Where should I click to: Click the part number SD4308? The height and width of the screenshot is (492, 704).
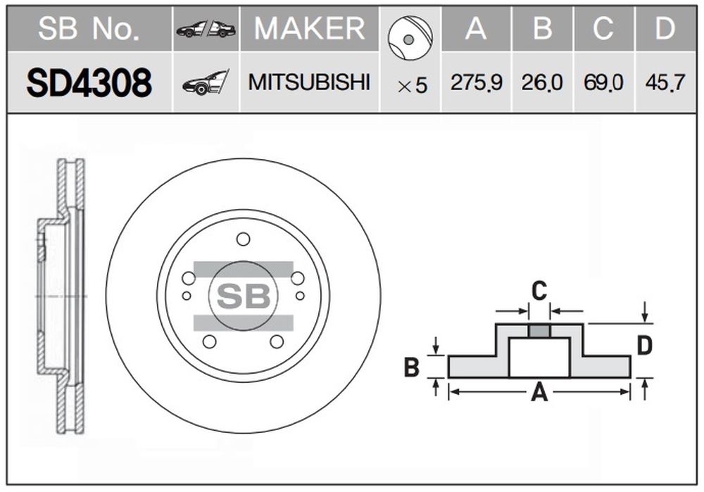click(89, 83)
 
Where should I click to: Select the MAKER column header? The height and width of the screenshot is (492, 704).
click(309, 28)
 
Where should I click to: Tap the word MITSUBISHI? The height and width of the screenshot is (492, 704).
click(309, 82)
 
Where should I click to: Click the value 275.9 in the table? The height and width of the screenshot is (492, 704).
click(476, 83)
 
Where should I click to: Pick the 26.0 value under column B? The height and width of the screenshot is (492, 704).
click(542, 83)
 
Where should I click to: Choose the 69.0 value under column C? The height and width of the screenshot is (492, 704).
click(603, 83)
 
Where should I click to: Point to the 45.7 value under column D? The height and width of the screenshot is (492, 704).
click(665, 83)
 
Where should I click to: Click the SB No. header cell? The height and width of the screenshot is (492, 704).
click(89, 28)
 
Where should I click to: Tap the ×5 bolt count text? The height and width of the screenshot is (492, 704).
click(412, 86)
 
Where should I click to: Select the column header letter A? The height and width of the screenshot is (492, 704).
click(476, 28)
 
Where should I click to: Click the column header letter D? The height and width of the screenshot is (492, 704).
click(665, 28)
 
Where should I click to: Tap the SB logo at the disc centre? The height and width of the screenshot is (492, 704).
click(243, 296)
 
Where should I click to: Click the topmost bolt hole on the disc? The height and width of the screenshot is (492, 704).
click(243, 239)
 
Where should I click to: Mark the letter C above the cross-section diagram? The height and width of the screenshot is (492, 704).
click(539, 290)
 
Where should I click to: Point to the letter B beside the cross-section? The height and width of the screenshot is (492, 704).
click(412, 367)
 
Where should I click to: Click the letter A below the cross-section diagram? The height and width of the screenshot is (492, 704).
click(539, 393)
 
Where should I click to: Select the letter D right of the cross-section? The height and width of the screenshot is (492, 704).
click(644, 346)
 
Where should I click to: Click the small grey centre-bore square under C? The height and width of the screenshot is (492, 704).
click(539, 331)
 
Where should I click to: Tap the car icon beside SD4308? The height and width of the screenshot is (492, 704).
click(206, 83)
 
